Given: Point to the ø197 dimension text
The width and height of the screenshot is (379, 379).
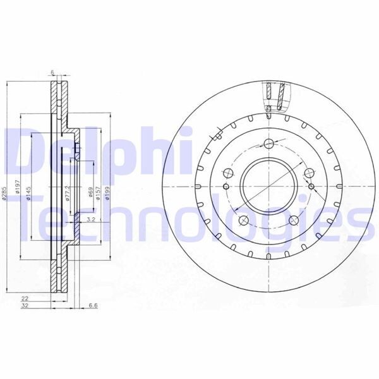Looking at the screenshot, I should tap(18, 188).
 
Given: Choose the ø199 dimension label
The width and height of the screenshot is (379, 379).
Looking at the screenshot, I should tap(109, 188).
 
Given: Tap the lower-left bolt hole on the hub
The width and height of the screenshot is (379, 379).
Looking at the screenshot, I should tap(243, 220).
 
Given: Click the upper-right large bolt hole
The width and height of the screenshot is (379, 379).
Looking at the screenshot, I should tap(309, 172).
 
